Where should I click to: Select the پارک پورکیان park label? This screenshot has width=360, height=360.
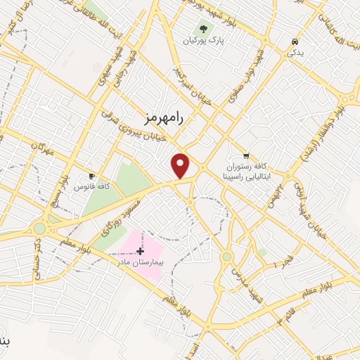[204, 41]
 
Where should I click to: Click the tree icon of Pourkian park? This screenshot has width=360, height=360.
[204, 29]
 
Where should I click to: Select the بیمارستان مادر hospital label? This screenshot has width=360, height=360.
[139, 262]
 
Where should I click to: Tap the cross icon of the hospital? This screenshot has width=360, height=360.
[140, 250]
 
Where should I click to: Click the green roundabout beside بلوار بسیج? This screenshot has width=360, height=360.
[39, 229]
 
